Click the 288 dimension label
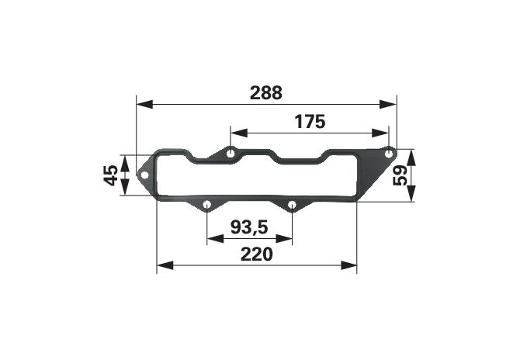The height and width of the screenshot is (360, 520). (x=266, y=93)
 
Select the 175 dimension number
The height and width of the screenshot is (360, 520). (x=310, y=122)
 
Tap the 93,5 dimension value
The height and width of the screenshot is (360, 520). (x=249, y=227)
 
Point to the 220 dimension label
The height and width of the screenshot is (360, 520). (x=257, y=254)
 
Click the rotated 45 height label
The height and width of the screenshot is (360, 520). (x=111, y=175)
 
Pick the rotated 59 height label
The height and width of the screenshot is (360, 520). (x=400, y=175)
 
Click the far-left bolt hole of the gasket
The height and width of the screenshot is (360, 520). (x=144, y=175)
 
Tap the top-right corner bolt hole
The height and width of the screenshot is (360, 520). (x=389, y=154)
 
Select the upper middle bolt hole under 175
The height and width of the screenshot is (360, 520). (x=231, y=154)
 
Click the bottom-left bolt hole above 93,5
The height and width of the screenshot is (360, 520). (x=207, y=203)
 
